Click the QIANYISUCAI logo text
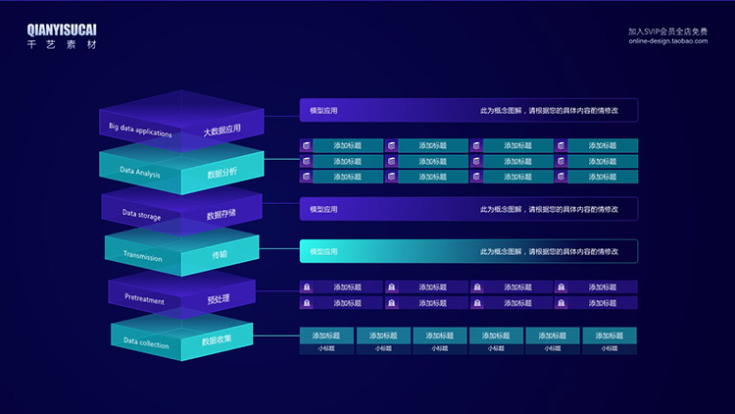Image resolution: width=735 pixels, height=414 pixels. pyautogui.click(x=62, y=30)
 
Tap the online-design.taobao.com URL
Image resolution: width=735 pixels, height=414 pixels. pyautogui.click(x=667, y=41)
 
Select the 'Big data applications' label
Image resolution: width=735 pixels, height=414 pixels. pyautogui.click(x=140, y=129)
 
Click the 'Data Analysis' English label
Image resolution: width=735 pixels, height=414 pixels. pyautogui.click(x=140, y=173)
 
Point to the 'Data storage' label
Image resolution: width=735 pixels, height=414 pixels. pyautogui.click(x=141, y=213)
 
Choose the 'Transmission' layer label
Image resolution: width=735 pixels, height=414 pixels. pyautogui.click(x=143, y=257)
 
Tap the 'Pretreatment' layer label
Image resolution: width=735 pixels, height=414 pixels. pyautogui.click(x=145, y=298)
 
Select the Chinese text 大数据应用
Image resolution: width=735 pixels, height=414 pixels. pyautogui.click(x=221, y=130)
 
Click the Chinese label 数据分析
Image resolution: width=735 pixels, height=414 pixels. pyautogui.click(x=221, y=174)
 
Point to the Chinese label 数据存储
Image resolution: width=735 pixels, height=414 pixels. pyautogui.click(x=221, y=215)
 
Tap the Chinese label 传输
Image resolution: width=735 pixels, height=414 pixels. pyautogui.click(x=220, y=255)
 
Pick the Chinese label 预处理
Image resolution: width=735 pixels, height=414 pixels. pyautogui.click(x=219, y=298)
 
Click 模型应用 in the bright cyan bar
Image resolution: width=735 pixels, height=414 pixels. pyautogui.click(x=323, y=252)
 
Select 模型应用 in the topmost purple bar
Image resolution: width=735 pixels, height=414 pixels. pyautogui.click(x=323, y=111)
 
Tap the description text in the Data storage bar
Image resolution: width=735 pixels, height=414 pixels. pyautogui.click(x=549, y=209)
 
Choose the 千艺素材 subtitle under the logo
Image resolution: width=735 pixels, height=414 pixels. pyautogui.click(x=62, y=45)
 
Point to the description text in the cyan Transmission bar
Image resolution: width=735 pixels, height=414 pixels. pyautogui.click(x=549, y=252)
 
